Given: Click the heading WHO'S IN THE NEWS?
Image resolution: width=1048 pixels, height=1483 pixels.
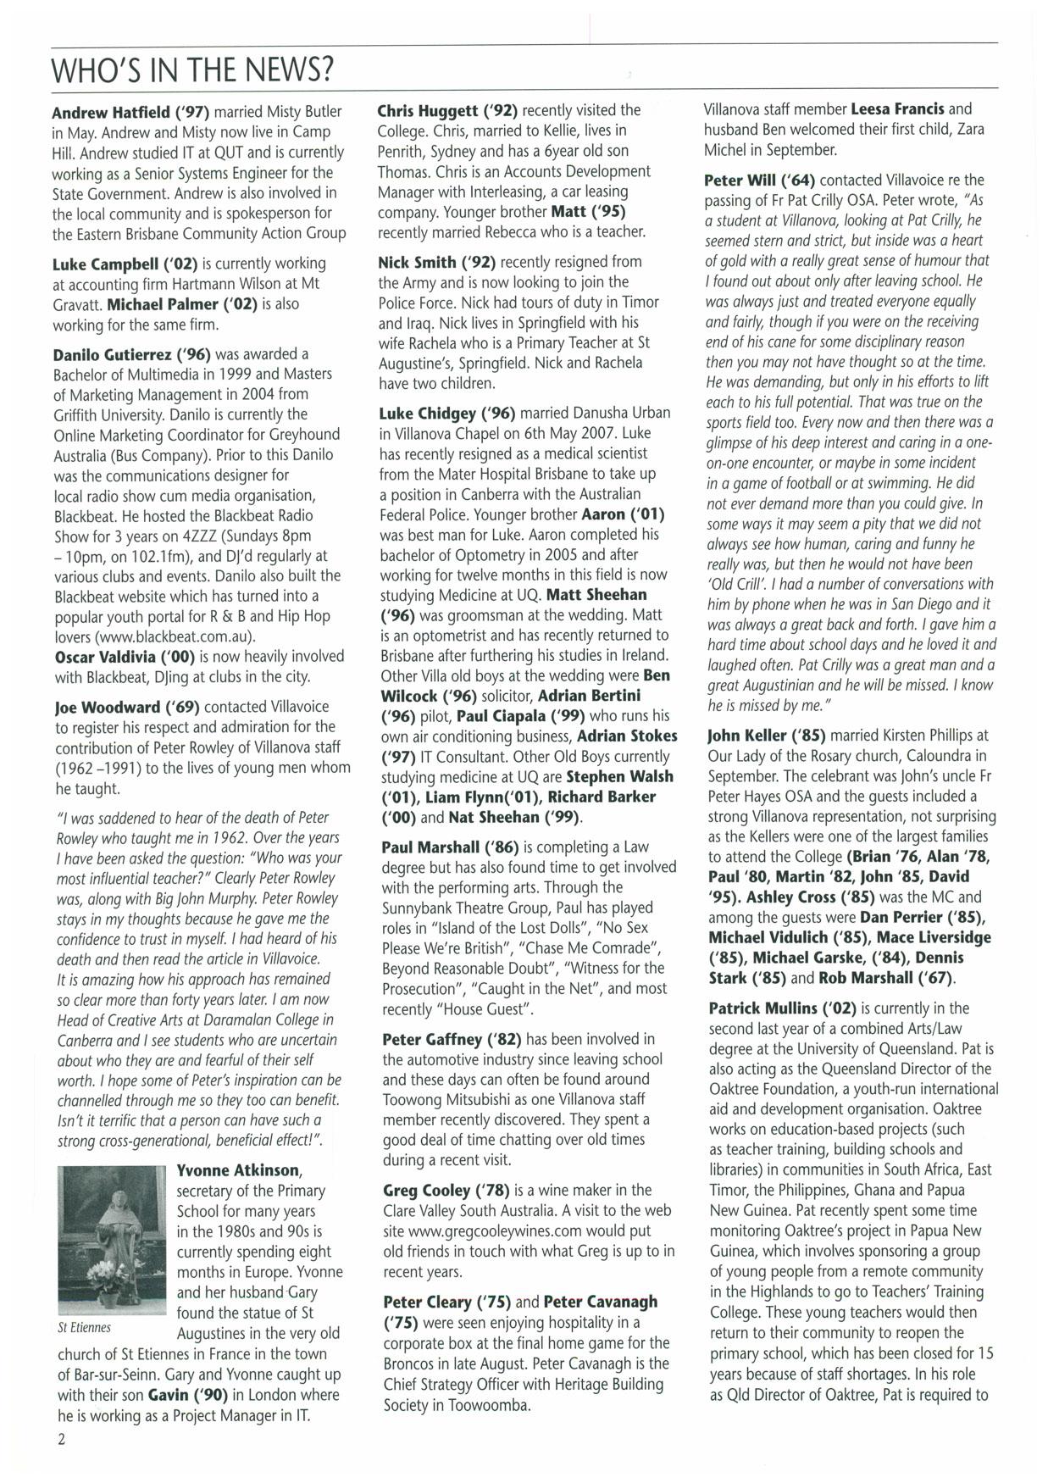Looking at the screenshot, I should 192,69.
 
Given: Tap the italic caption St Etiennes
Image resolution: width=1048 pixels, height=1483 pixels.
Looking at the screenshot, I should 84,1328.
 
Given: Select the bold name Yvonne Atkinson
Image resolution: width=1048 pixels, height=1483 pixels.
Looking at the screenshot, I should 238,1171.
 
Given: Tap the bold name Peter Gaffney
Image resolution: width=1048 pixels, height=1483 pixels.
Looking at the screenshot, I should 440,1039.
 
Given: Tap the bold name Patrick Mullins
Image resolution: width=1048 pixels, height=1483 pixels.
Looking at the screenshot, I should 770,1008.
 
